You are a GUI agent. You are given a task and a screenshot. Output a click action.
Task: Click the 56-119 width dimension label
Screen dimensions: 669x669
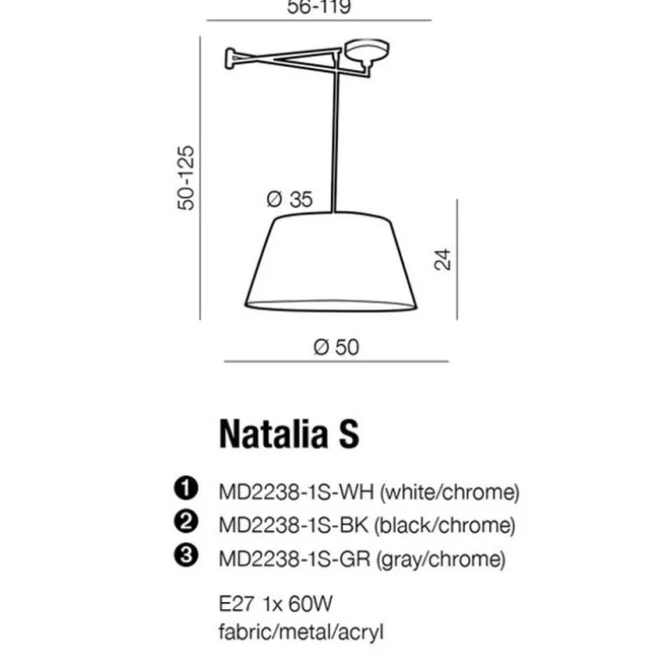(319, 7)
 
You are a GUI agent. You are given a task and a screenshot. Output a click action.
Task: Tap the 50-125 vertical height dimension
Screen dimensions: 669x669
(186, 178)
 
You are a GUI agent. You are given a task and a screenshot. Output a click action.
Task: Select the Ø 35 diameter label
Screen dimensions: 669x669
(289, 199)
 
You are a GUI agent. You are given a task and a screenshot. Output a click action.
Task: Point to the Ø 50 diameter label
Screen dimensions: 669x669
(336, 348)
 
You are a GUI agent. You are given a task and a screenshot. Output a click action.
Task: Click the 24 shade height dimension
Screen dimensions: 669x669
(442, 259)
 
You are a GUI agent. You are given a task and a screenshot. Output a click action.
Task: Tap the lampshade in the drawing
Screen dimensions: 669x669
(331, 262)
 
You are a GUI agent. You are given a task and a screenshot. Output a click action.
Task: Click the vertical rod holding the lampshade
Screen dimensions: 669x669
(335, 136)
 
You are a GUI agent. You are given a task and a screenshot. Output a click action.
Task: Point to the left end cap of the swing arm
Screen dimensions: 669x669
(229, 58)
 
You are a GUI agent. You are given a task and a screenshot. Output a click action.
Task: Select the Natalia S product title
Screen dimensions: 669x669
(288, 434)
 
